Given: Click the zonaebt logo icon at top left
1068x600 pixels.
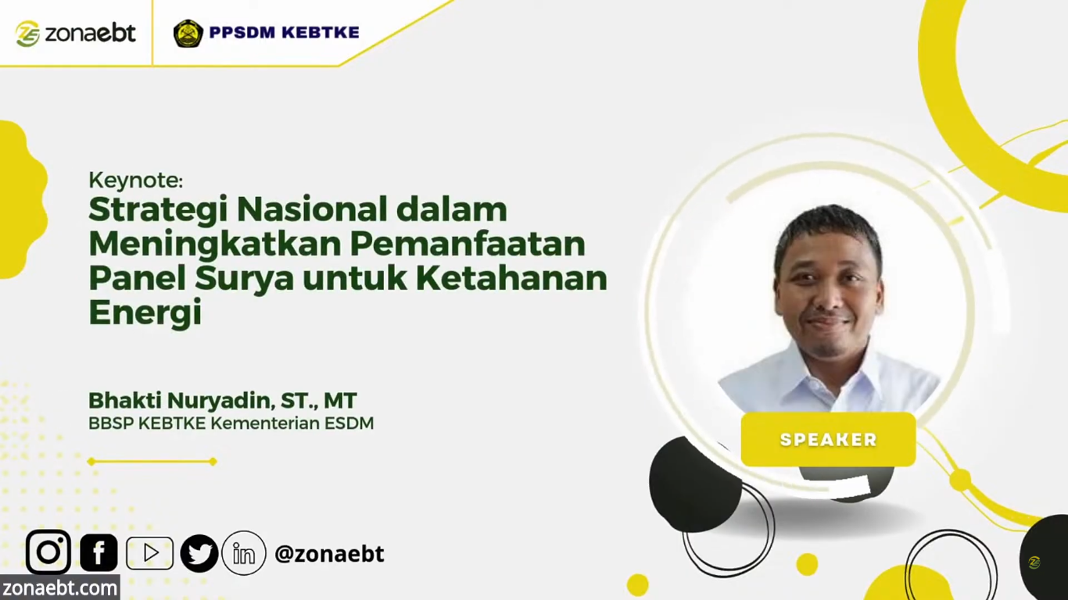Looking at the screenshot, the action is (x=27, y=34).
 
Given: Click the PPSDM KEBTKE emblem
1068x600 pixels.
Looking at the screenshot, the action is (x=188, y=33).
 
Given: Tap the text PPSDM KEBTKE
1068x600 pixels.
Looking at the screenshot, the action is (x=284, y=32).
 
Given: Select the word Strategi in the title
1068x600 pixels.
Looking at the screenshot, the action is (x=158, y=211).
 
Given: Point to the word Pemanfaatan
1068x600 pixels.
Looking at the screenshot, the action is (x=468, y=244).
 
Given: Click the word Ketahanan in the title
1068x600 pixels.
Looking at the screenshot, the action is (x=511, y=278).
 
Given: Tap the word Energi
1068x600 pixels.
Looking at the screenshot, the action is (x=145, y=313).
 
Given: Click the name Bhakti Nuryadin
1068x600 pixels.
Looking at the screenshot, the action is (x=181, y=400).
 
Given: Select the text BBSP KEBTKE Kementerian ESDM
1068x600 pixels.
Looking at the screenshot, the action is (x=231, y=423).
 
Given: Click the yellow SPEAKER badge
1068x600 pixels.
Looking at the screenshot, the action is (x=828, y=439).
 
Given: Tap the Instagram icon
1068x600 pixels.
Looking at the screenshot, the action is (x=48, y=552).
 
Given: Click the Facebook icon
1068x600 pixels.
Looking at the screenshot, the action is (x=99, y=553).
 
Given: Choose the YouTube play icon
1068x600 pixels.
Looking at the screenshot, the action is (x=149, y=553).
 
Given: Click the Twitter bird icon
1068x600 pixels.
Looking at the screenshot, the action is (x=199, y=553).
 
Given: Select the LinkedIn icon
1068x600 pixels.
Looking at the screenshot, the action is (x=244, y=553).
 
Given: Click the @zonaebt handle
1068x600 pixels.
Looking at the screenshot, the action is (x=329, y=554).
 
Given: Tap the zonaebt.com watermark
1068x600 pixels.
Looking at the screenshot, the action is (x=60, y=588).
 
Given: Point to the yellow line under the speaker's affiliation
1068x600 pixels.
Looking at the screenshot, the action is (x=152, y=461).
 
